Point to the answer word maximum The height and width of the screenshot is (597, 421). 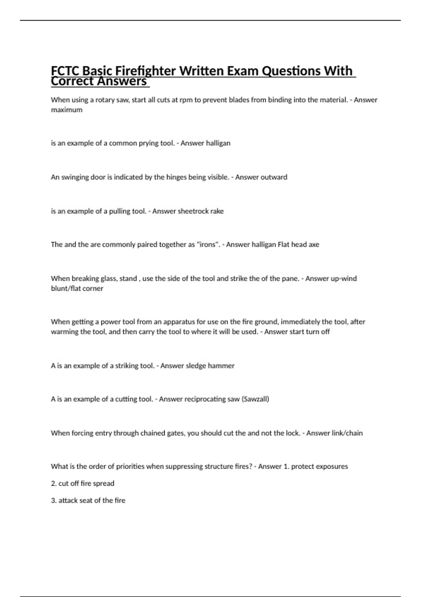[67, 110]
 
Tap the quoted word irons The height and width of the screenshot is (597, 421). [207, 245]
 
